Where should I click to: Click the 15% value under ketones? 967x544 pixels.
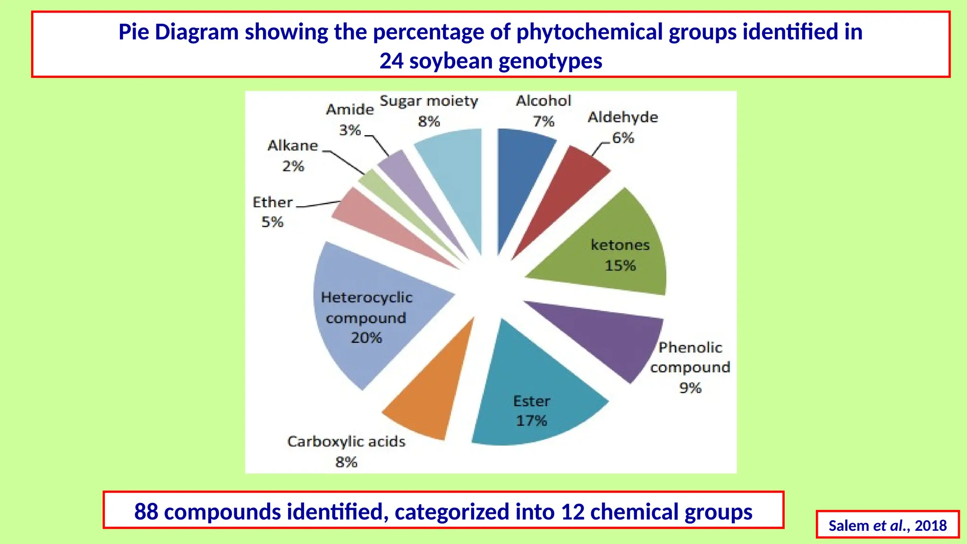coord(620,265)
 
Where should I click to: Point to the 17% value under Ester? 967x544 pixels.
coord(531,420)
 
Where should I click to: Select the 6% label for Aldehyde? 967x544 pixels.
coord(623,138)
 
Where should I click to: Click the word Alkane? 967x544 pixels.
coord(293,145)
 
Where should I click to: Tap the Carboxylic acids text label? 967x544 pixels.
coord(346,442)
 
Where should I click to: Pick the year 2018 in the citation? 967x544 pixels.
coord(931,526)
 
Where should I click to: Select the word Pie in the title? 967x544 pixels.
coord(133,32)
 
